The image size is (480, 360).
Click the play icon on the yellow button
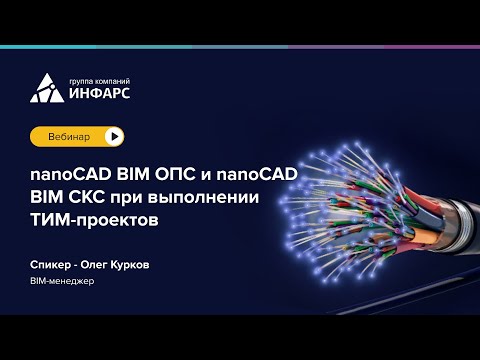pyautogui.click(x=115, y=135)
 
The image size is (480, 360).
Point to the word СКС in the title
pyautogui.click(x=88, y=195)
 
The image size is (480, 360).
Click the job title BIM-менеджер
pyautogui.click(x=62, y=282)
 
